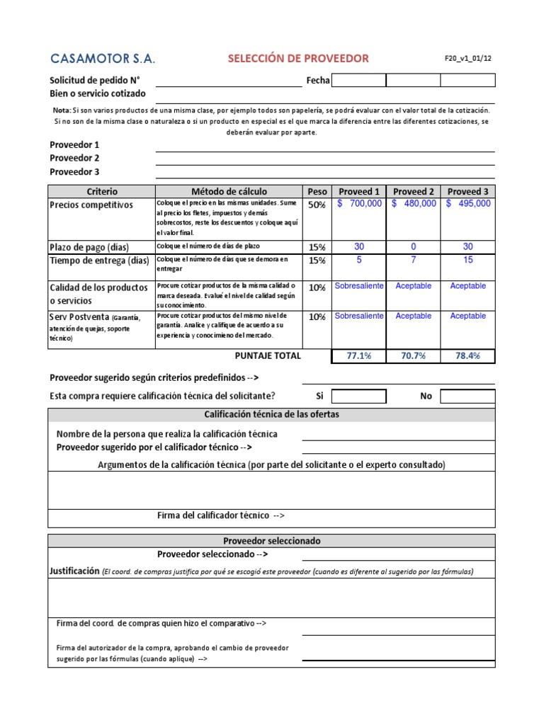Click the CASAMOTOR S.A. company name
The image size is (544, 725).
102,58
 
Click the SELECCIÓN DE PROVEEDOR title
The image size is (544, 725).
298,58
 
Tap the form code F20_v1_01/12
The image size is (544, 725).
463,58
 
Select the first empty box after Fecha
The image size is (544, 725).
358,80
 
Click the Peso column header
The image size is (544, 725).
317,191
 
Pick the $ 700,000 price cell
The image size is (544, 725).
359,204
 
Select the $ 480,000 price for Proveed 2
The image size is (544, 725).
414,204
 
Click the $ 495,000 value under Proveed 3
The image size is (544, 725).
468,204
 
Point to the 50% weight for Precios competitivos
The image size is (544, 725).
317,205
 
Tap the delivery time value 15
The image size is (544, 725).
468,260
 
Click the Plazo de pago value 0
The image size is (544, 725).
414,247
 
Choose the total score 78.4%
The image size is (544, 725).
468,356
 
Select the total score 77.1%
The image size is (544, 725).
359,356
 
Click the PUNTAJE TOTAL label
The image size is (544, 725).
268,355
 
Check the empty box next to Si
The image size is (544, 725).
358,396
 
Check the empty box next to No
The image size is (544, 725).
467,396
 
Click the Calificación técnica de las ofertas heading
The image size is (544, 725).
271,414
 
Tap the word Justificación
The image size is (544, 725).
74,571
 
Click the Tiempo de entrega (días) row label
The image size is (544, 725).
99,261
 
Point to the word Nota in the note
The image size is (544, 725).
62,110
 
